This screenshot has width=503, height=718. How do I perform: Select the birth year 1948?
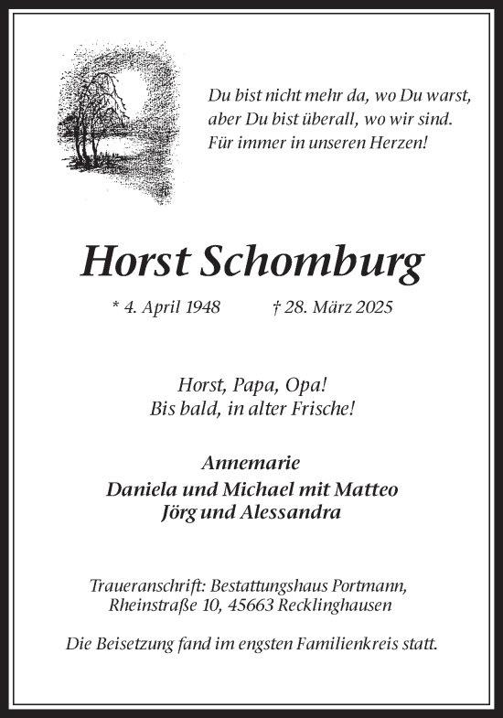point(201,307)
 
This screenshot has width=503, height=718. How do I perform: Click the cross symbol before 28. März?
point(276,307)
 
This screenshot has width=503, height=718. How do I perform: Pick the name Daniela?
point(138,488)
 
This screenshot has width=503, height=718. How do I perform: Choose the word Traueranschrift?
point(147,584)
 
